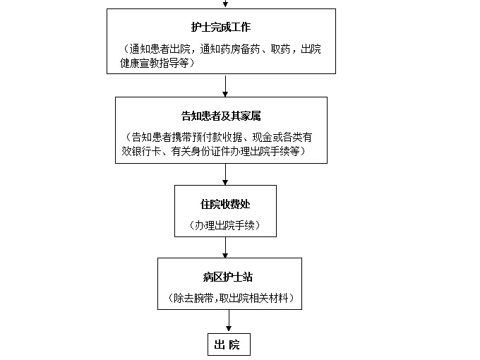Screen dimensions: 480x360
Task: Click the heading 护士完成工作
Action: (221, 28)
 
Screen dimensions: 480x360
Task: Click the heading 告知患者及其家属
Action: (221, 116)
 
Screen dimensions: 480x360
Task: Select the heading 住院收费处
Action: (225, 204)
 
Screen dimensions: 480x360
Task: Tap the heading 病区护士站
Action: (227, 277)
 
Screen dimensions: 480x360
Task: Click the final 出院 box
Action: (229, 344)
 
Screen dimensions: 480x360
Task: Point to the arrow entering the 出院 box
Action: (229, 320)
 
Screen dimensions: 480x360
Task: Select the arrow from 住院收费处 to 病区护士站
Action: (225, 247)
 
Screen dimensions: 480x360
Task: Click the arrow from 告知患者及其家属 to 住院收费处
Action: (225, 174)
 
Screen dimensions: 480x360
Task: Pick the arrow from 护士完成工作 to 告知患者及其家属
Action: (225, 85)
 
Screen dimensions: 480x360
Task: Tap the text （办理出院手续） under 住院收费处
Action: (225, 226)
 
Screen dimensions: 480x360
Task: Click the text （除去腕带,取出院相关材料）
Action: (231, 298)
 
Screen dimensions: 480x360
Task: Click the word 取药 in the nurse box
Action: (280, 49)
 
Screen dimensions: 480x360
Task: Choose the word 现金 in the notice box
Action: (262, 137)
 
